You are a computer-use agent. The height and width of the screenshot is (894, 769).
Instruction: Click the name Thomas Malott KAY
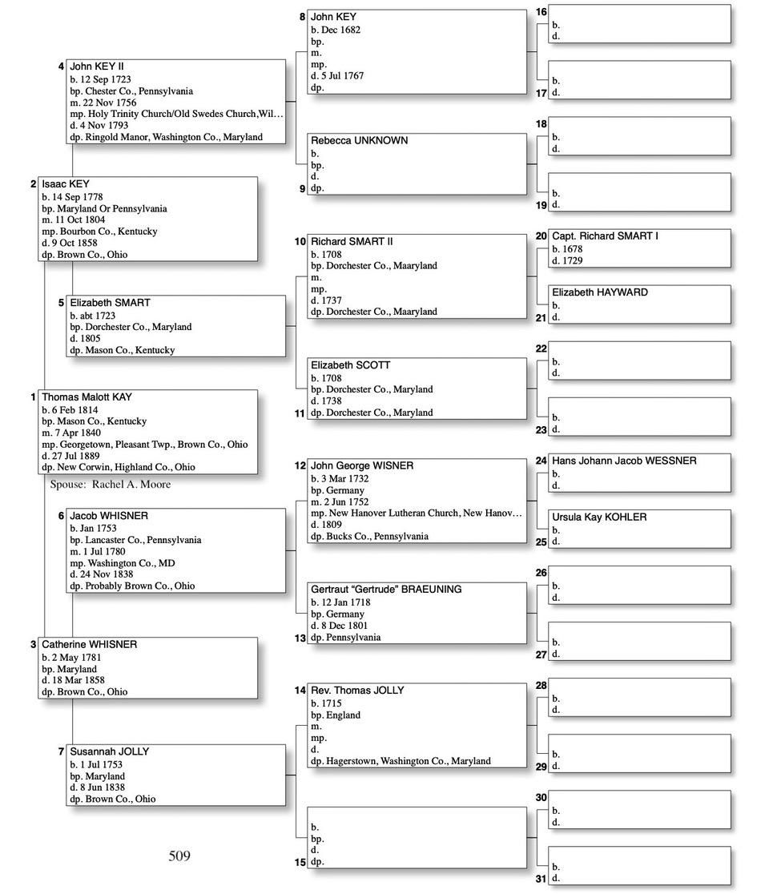pyautogui.click(x=87, y=397)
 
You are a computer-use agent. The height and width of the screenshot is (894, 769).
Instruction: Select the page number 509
pyautogui.click(x=179, y=856)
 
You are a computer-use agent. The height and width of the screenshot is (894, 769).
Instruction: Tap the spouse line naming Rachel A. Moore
pyautogui.click(x=111, y=485)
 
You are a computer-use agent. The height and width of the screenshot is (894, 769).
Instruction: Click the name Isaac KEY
pyautogui.click(x=66, y=184)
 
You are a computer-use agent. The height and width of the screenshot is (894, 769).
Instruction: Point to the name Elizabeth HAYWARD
pyautogui.click(x=600, y=292)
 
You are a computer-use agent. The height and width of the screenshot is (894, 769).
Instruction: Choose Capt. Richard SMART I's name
pyautogui.click(x=605, y=236)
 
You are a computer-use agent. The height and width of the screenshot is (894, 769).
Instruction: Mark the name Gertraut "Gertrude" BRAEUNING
pyautogui.click(x=386, y=590)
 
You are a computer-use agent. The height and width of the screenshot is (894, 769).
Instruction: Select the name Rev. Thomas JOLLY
pyautogui.click(x=357, y=691)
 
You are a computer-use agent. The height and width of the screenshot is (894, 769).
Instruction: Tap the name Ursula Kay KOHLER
pyautogui.click(x=599, y=517)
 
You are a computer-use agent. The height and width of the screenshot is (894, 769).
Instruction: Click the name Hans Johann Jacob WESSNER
pyautogui.click(x=624, y=461)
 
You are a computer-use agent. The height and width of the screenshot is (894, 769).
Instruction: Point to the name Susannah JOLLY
pyautogui.click(x=110, y=752)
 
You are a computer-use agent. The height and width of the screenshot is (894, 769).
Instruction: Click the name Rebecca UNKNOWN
pyautogui.click(x=359, y=140)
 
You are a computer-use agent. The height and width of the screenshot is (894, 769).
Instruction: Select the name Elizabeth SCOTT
pyautogui.click(x=350, y=365)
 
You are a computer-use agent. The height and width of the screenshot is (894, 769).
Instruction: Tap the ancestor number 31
pyautogui.click(x=541, y=879)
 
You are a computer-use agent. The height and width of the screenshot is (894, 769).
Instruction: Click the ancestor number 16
pyautogui.click(x=541, y=12)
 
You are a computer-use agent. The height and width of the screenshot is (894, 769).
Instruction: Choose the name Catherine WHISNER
pyautogui.click(x=89, y=645)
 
